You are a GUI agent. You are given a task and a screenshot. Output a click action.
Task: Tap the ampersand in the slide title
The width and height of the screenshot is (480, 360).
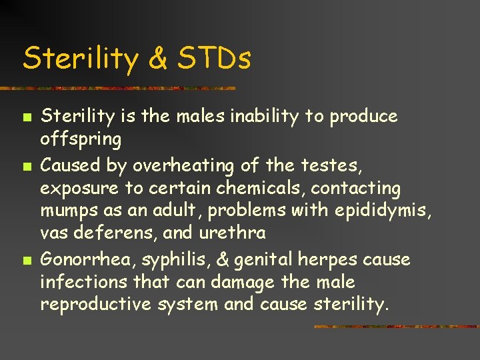pos(158,58)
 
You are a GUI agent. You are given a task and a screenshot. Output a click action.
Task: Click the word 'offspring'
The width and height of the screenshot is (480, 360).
pos(81,141)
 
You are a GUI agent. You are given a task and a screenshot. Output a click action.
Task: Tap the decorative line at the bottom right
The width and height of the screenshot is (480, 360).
pos(396,327)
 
